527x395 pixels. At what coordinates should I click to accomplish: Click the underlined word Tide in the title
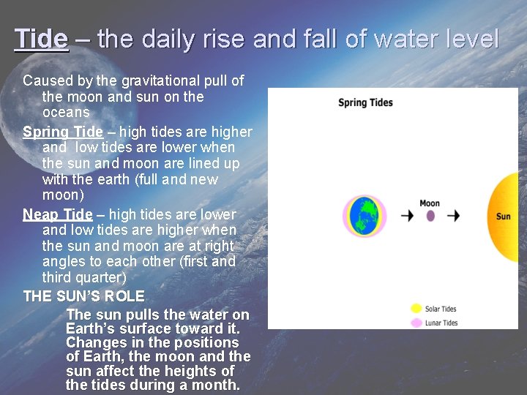(41, 39)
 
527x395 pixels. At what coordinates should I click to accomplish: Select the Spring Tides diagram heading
(365, 102)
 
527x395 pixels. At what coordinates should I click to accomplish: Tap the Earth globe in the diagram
(364, 216)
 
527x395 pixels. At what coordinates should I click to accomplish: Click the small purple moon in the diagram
(430, 216)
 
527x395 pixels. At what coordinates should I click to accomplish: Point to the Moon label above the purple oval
(430, 203)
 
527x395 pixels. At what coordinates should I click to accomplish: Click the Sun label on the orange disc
(504, 217)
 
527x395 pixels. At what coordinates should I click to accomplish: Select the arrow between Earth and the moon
(407, 216)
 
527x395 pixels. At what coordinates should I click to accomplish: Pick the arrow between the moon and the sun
(453, 216)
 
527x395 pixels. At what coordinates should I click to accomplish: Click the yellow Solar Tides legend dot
(416, 309)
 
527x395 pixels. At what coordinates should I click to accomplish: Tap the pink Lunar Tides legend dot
(416, 323)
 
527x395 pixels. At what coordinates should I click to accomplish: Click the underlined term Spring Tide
(63, 132)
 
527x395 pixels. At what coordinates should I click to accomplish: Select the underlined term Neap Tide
(58, 214)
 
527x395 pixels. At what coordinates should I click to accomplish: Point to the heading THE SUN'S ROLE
(83, 296)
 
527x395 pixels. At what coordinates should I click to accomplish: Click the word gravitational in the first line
(154, 80)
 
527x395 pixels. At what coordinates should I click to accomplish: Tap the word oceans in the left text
(66, 113)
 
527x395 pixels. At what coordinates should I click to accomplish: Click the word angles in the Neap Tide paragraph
(64, 262)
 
